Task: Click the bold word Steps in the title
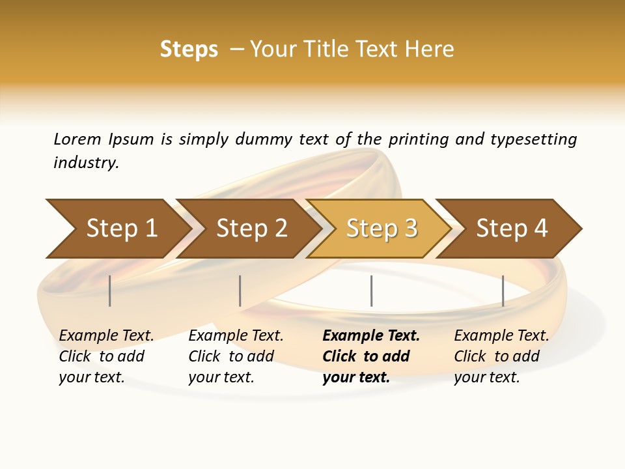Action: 189,50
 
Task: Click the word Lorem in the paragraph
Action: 77,139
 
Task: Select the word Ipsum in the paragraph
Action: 131,139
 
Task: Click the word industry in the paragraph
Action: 86,162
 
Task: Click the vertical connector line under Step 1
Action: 110,291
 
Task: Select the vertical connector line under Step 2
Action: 240,291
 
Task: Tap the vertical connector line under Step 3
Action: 371,291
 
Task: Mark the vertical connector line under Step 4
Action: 503,291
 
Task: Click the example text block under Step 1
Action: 106,356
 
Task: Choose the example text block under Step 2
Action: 236,356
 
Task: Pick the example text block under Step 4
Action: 501,356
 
